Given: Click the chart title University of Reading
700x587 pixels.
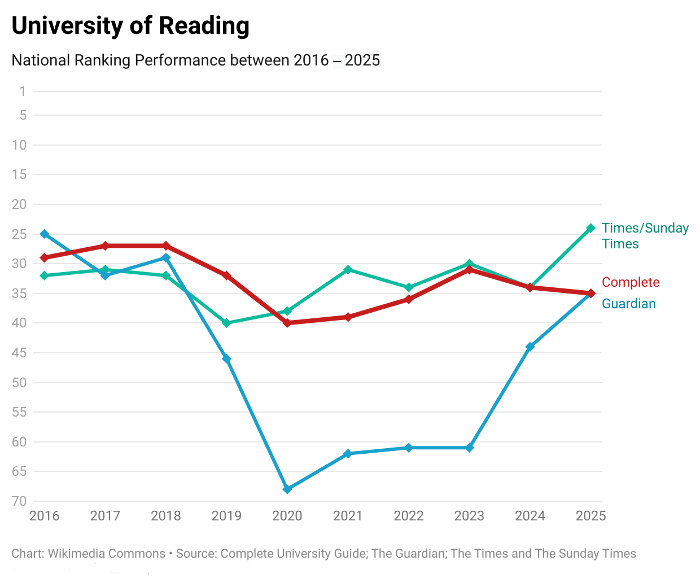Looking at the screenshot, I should click(x=130, y=26).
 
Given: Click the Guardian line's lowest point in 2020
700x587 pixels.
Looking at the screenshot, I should click(x=287, y=489).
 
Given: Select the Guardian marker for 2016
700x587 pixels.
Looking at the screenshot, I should click(x=45, y=234).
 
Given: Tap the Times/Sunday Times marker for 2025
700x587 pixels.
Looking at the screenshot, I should click(x=591, y=228).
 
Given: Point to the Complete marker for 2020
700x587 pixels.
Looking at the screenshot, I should click(x=287, y=323).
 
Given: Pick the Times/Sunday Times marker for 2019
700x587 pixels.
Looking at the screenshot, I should click(x=226, y=323).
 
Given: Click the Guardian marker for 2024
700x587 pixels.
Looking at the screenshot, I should click(x=530, y=347).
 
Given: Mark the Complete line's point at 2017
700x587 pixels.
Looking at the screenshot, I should click(x=105, y=246).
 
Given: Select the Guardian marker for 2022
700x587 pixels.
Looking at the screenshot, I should click(x=409, y=448).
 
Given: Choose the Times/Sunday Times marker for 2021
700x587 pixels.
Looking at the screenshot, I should click(x=348, y=269).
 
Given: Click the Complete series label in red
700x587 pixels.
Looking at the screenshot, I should click(x=631, y=282).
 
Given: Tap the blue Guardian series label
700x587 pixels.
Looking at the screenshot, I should click(x=629, y=304).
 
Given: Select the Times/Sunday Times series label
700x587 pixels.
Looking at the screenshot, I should click(x=645, y=236).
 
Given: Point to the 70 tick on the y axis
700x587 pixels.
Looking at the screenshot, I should click(x=20, y=501).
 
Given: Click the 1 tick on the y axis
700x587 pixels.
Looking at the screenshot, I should click(x=23, y=91).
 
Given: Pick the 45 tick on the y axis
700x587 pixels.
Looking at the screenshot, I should click(x=20, y=353).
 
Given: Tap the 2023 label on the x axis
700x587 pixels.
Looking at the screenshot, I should click(x=469, y=516).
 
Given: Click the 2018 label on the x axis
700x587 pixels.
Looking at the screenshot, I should click(x=166, y=516).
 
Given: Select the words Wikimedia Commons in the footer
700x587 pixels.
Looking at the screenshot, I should click(x=106, y=554).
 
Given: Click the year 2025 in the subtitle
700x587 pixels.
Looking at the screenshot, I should click(x=362, y=60).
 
